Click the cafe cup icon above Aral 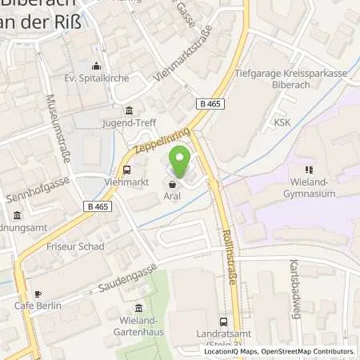point(172,182)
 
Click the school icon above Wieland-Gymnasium point(309,169)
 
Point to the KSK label point(282,122)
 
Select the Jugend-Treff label point(128,124)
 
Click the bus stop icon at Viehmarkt point(127,169)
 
